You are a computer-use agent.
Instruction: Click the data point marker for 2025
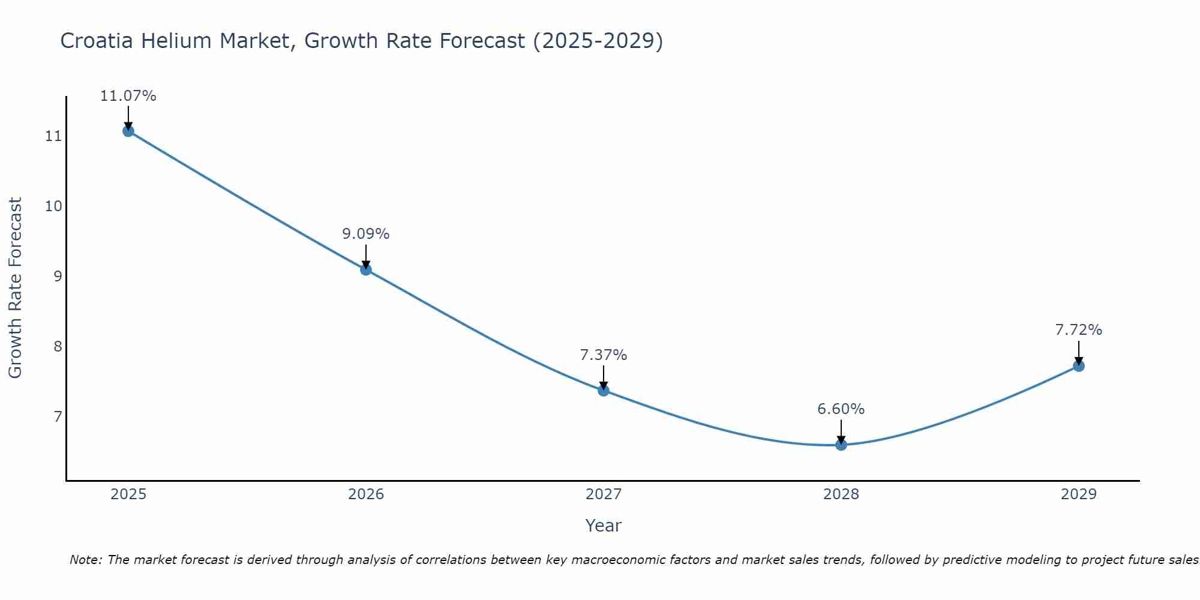(128, 131)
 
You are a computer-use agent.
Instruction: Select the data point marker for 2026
(366, 269)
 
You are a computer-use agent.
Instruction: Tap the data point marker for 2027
(604, 391)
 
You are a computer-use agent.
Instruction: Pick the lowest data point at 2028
(841, 445)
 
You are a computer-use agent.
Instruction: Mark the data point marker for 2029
(1079, 366)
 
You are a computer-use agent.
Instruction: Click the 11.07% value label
(128, 96)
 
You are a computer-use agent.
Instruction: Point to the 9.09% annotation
(366, 234)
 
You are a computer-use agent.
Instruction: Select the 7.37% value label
(604, 355)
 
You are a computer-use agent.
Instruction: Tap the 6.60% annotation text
(841, 409)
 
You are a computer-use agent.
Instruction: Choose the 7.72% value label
(1079, 330)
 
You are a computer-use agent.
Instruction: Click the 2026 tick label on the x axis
(366, 494)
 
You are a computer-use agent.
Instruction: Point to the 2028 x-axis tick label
(841, 494)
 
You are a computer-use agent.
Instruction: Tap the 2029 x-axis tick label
(1079, 494)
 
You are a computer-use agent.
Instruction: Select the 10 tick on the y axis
(53, 206)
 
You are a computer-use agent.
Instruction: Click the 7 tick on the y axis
(58, 416)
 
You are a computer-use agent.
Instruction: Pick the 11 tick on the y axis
(53, 136)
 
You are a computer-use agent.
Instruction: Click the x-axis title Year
(604, 526)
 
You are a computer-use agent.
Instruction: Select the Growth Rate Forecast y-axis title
(16, 288)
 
